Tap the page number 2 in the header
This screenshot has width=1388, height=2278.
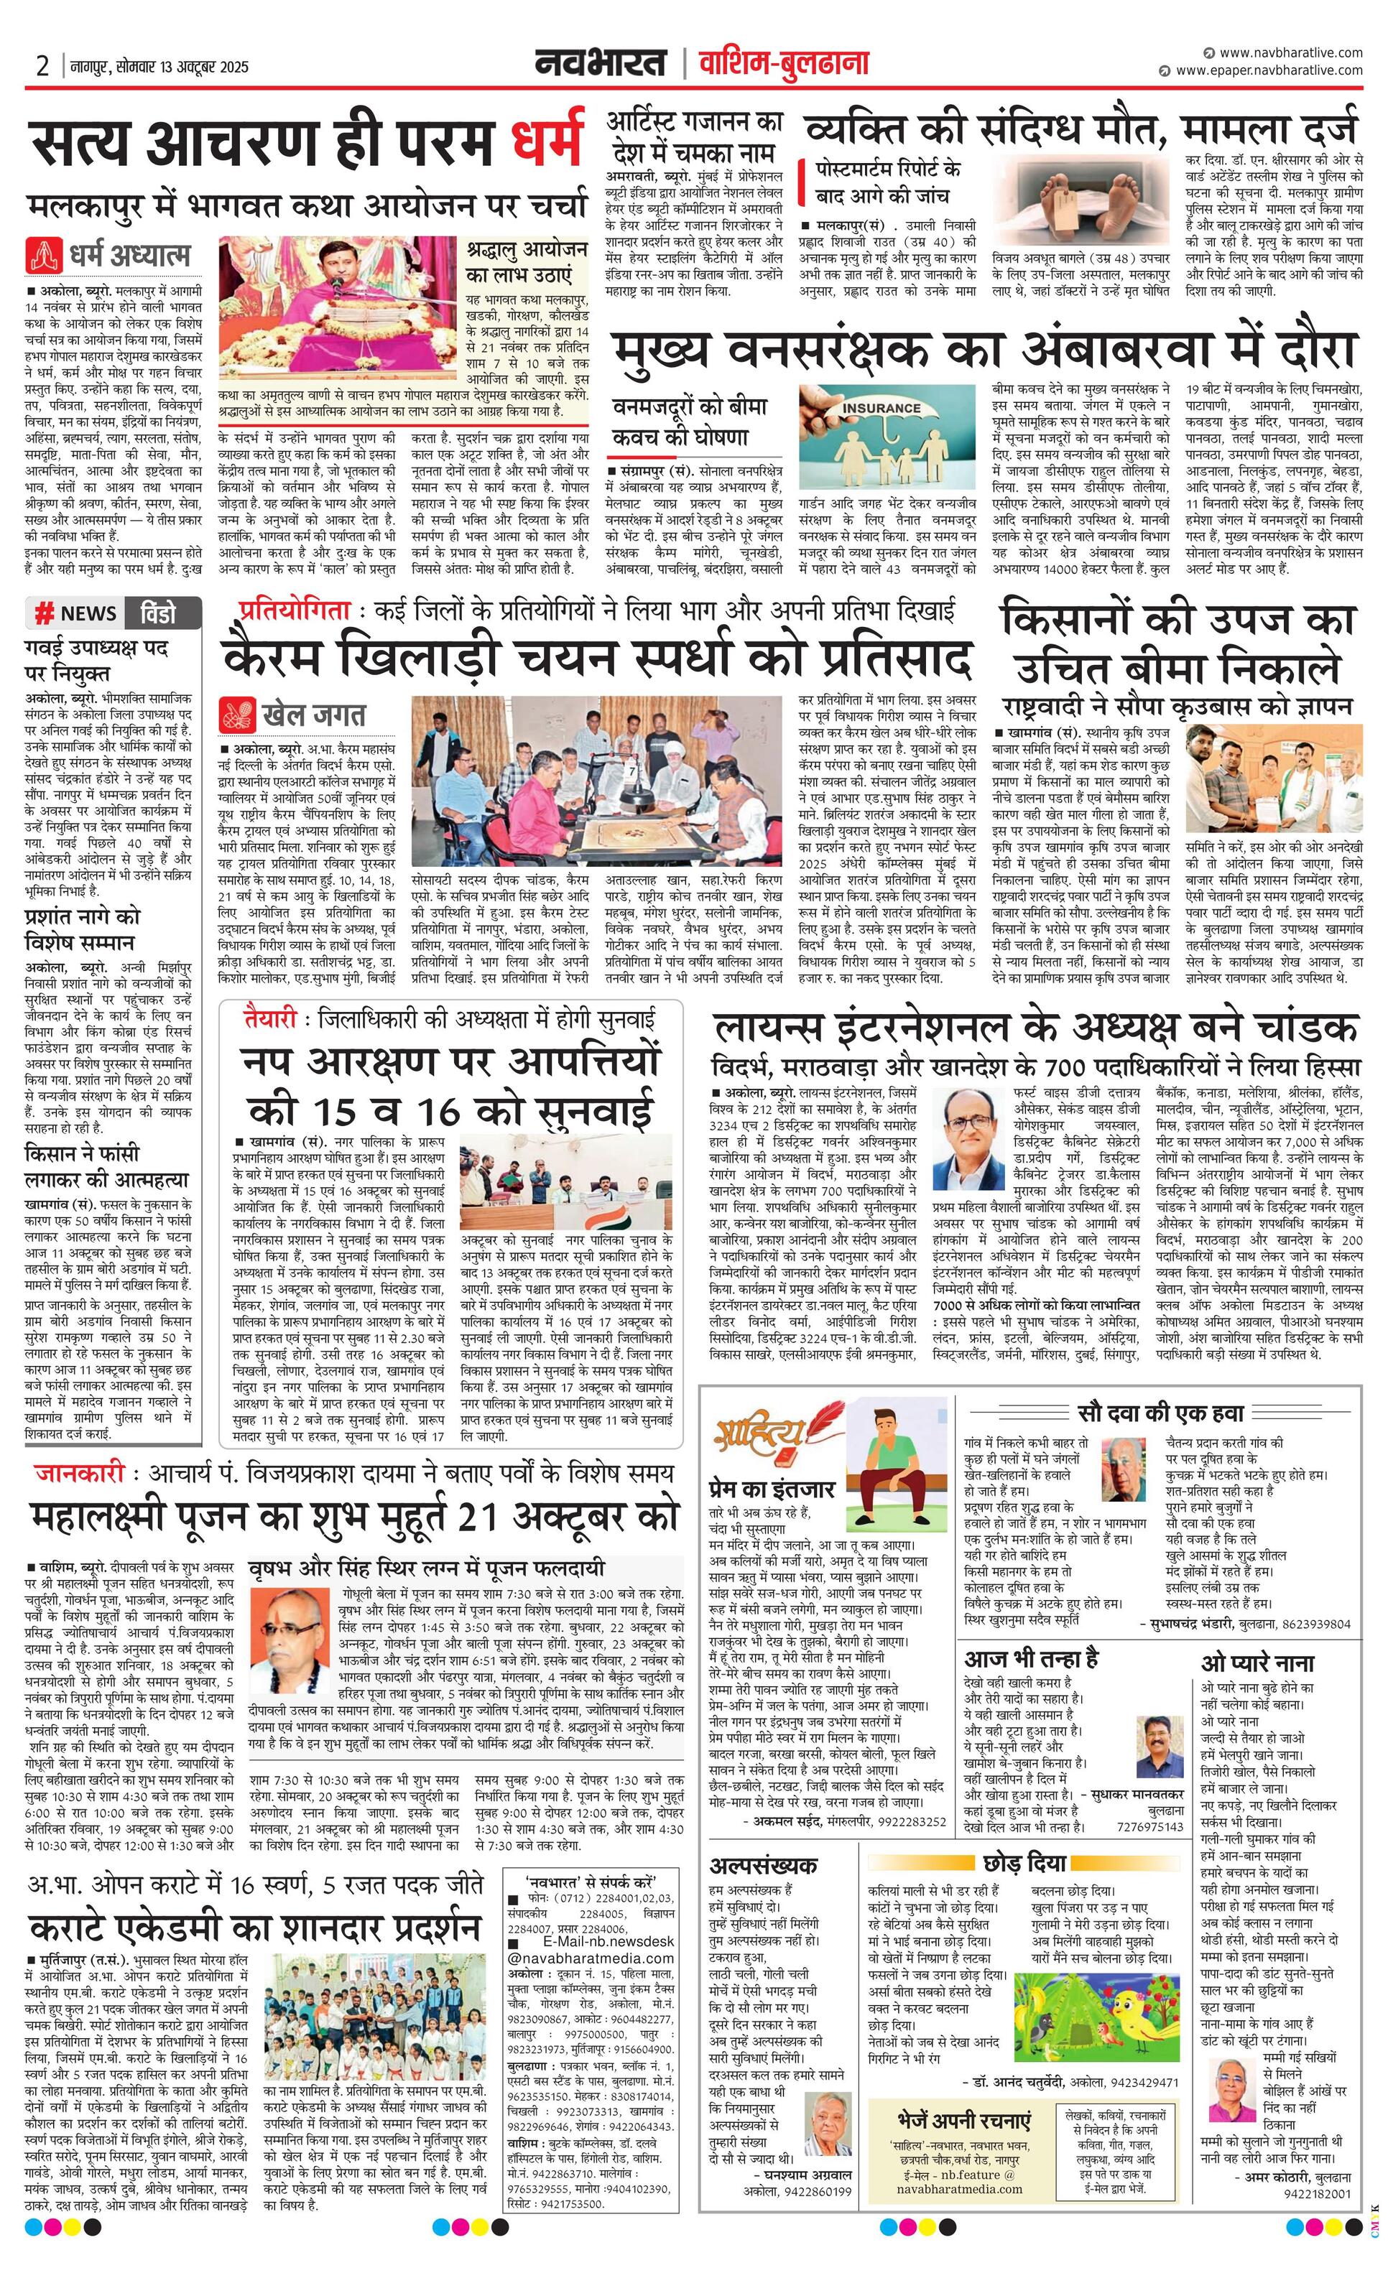[42, 67]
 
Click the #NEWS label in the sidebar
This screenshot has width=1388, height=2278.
[76, 613]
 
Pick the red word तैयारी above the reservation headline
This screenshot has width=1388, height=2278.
[271, 1020]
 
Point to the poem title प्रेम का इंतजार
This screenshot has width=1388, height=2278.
[772, 1489]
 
